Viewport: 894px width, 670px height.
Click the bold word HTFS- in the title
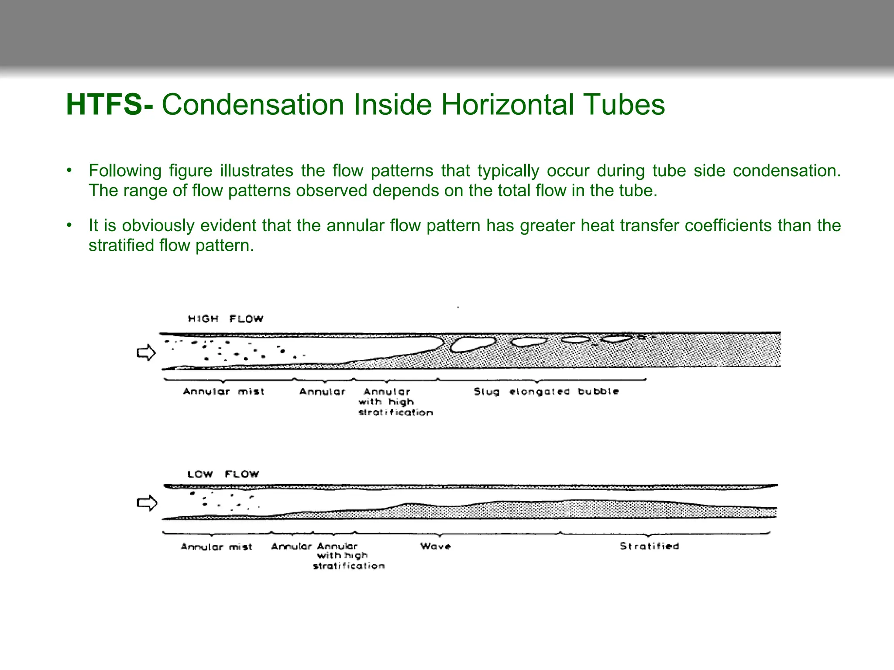tap(110, 105)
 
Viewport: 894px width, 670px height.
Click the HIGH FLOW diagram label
tap(226, 319)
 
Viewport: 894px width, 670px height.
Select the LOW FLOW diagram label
tap(223, 474)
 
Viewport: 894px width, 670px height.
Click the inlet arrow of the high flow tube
tap(146, 352)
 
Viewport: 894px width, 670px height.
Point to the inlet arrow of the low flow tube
tap(147, 503)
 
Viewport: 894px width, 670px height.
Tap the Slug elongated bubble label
tap(546, 391)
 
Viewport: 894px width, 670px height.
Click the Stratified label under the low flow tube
tap(649, 546)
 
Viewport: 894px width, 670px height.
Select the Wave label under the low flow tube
tap(436, 546)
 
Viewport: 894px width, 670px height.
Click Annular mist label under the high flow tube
tap(224, 391)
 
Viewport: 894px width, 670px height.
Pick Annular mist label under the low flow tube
tap(217, 547)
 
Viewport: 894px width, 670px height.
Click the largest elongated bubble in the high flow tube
tap(473, 343)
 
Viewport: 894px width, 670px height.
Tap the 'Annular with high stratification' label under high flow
tap(395, 402)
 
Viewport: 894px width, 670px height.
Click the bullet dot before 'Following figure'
tap(69, 170)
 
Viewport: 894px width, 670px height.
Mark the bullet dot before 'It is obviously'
tap(69, 225)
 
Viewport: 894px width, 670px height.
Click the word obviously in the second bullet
tap(158, 226)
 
